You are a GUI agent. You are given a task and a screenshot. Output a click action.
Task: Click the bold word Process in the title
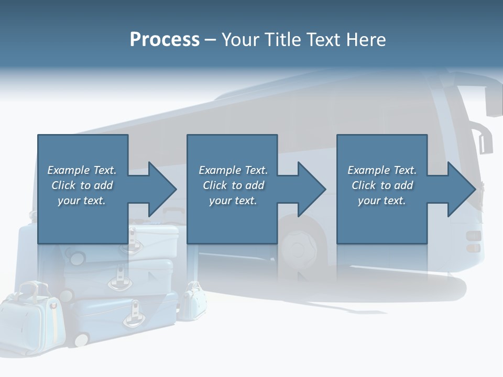point(165,40)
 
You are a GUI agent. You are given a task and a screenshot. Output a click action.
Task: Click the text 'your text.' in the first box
point(82,201)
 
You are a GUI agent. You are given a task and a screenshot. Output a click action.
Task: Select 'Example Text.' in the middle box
point(233,170)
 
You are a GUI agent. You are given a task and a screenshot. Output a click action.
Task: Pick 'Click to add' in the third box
point(382,185)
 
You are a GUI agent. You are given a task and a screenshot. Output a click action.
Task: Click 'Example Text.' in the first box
point(82,170)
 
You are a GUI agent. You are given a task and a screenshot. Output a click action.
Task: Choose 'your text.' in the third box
point(382,201)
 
